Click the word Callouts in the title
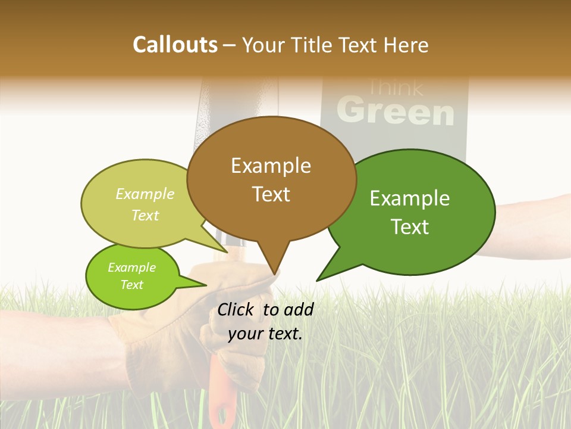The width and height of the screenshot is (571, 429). tap(175, 45)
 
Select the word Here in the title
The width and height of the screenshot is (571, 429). tap(406, 45)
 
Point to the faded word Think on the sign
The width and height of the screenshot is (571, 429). tap(396, 88)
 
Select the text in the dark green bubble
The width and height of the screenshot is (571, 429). tap(410, 212)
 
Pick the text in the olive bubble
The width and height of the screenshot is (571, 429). tap(145, 204)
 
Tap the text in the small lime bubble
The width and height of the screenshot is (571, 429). tap(131, 276)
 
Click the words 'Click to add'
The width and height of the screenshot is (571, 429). tap(265, 309)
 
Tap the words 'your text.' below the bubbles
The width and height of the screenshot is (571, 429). tap(265, 334)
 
